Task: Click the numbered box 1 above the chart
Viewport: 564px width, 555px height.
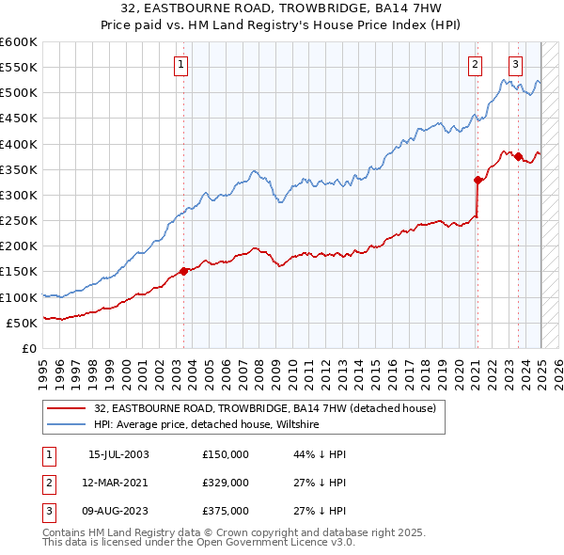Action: coord(180,65)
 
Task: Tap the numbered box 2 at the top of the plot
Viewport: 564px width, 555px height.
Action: coord(475,65)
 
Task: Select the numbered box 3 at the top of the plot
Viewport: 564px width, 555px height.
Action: coord(516,65)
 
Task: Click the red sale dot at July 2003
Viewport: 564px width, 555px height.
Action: coord(184,271)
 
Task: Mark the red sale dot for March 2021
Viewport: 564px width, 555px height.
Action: coord(478,180)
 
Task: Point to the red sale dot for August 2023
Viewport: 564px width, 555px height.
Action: coord(518,156)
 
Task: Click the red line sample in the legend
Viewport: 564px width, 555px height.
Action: coord(68,409)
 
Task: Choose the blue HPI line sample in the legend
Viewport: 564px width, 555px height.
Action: coord(68,425)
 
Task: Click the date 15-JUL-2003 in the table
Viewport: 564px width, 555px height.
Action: coord(118,454)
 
